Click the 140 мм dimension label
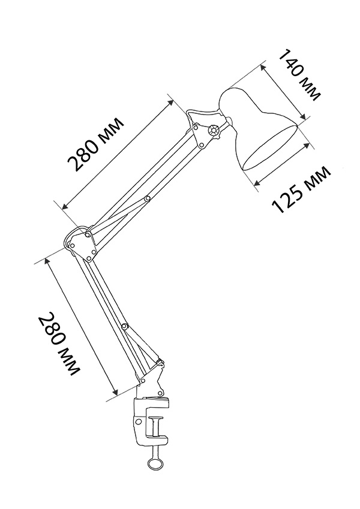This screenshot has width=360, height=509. (299, 76)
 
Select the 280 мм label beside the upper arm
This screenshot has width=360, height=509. (95, 144)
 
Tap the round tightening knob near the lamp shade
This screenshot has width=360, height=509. (214, 131)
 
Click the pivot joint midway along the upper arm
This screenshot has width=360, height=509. (148, 198)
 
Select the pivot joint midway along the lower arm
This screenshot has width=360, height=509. (124, 326)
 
